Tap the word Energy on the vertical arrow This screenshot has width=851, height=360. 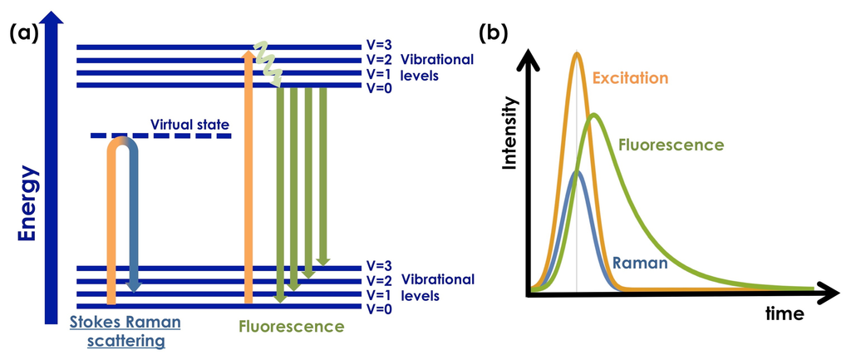pos(28,204)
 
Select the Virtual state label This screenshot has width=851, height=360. pos(189,125)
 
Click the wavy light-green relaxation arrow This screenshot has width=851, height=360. pos(267,62)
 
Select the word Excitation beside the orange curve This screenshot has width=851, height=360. pos(632,79)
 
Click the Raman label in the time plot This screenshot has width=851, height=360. pos(640,264)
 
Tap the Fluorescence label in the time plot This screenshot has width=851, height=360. pos(671,145)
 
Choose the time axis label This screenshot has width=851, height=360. pos(785,314)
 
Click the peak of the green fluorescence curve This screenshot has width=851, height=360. pos(593,115)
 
